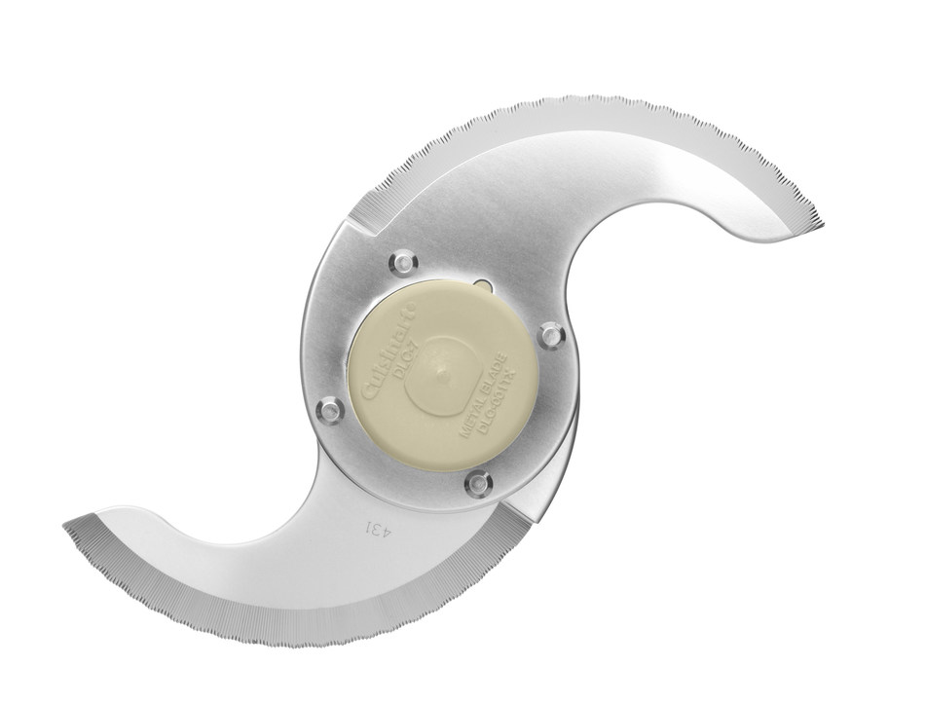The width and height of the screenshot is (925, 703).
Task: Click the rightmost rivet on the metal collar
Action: point(552,335)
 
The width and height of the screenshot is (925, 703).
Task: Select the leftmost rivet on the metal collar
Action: point(331,409)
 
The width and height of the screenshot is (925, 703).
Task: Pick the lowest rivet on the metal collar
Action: point(478,482)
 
